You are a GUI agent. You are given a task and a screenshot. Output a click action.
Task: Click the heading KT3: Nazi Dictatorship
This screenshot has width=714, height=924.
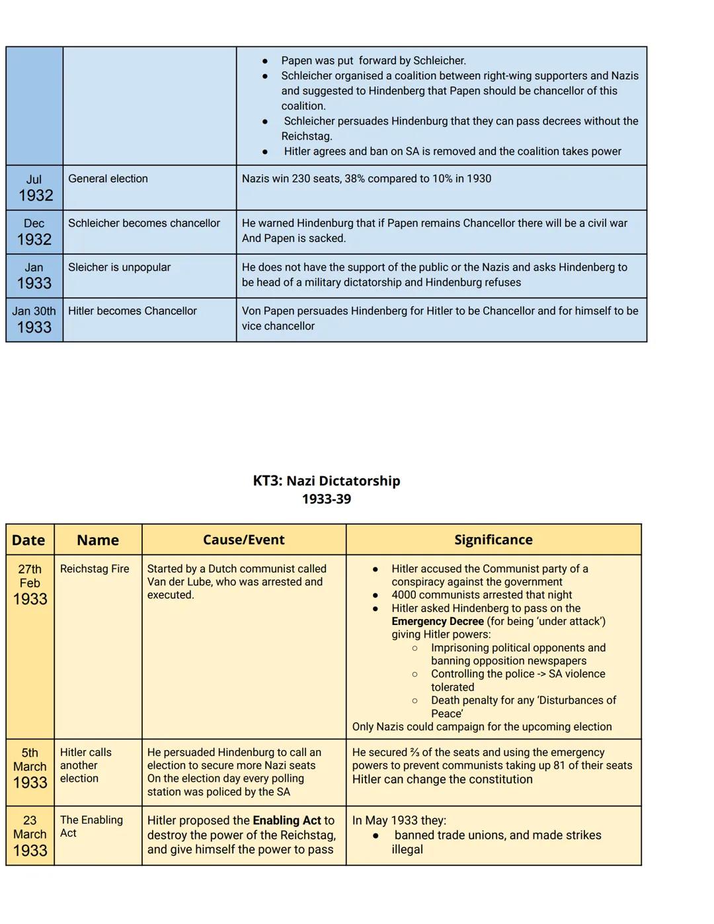326,481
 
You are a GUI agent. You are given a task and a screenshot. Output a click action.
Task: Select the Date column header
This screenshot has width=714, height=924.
28,540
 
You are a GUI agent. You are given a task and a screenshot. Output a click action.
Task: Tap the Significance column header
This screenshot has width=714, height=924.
493,540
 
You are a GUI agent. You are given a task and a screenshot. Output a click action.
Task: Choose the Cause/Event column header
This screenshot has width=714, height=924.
243,540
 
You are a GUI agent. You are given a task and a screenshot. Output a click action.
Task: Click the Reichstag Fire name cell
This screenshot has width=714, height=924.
95,569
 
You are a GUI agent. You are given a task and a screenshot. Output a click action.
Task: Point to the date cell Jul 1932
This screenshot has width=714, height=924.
34,188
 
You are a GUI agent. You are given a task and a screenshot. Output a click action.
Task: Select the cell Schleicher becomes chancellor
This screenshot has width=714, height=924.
144,224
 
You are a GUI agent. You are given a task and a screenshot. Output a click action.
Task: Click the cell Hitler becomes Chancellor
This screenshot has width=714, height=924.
132,311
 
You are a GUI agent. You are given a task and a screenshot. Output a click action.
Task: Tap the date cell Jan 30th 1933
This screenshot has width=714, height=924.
34,319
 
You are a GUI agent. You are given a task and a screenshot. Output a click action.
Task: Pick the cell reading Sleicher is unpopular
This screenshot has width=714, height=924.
119,267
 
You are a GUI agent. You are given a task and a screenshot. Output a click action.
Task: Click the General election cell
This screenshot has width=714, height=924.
108,179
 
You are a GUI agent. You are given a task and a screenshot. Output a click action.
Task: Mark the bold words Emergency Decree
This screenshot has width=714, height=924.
437,621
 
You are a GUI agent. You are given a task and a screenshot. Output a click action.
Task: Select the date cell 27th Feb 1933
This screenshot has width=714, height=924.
30,585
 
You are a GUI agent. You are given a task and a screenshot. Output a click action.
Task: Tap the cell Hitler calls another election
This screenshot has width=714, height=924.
86,765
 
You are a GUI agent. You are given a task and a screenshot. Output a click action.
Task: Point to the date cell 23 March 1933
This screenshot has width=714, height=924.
30,835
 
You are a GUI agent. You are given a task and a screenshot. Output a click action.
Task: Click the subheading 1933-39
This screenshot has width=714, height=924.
326,499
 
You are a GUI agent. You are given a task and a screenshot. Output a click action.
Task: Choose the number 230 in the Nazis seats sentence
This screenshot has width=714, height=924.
301,179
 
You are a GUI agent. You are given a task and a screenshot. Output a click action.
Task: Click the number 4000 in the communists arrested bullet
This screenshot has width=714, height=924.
405,595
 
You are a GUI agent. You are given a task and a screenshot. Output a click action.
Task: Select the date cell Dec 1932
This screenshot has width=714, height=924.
34,232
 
